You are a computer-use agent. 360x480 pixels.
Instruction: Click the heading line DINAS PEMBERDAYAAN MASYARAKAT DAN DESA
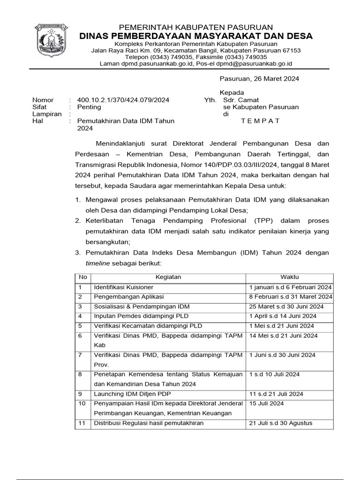[196, 36]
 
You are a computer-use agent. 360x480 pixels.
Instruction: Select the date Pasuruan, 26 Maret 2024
[260, 79]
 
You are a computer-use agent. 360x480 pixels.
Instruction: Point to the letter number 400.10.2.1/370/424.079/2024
[123, 100]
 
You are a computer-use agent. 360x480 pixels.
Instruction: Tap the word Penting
[89, 107]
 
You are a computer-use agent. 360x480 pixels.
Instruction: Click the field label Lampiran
[47, 114]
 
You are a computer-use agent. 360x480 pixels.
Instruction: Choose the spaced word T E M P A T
[260, 121]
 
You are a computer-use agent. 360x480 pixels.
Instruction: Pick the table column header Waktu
[290, 277]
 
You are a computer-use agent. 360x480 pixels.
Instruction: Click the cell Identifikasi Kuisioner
[124, 287]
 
